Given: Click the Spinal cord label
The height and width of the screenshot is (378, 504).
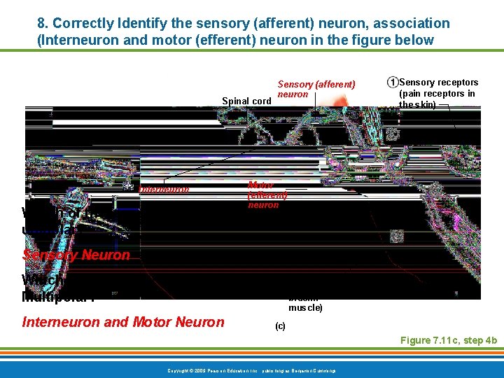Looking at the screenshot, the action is click(x=246, y=101).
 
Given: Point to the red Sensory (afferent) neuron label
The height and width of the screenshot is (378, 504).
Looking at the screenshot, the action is click(x=316, y=89).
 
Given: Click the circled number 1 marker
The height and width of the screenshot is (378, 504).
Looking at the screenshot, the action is click(x=393, y=83).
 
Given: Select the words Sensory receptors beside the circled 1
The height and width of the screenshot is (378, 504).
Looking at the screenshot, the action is click(x=438, y=83).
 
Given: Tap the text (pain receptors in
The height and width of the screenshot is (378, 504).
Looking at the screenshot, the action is click(x=437, y=94).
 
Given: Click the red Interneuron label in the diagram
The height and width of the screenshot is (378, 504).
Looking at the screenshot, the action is click(x=164, y=189).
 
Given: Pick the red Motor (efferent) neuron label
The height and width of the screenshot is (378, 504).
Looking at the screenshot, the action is click(x=267, y=195).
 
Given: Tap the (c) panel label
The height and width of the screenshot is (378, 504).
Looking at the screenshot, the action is click(x=280, y=326).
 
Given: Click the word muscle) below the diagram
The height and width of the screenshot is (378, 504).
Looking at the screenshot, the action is click(x=306, y=307).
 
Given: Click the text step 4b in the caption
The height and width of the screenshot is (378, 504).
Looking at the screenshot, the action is click(x=479, y=340).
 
